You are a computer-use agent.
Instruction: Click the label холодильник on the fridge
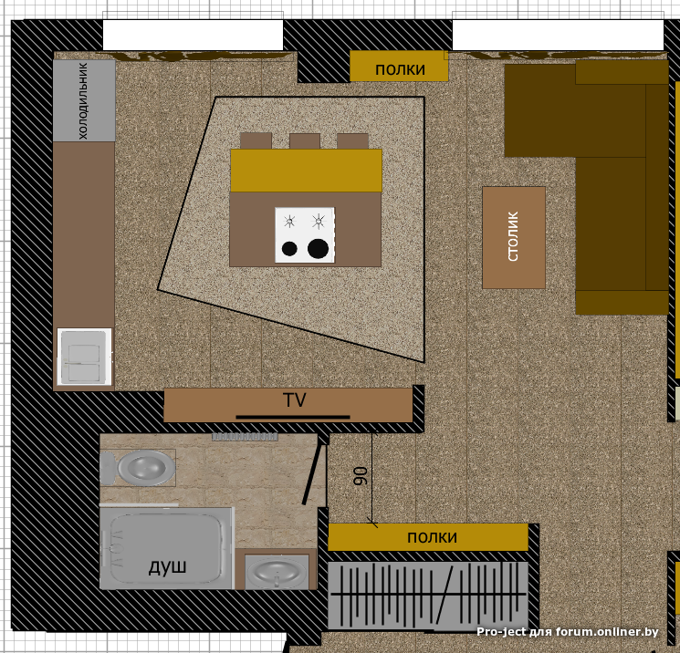tap(83, 101)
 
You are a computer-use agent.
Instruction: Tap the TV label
tap(295, 400)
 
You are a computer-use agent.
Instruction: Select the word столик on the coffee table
tap(513, 236)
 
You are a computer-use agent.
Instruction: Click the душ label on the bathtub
tap(167, 566)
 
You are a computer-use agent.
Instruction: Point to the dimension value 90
tap(361, 476)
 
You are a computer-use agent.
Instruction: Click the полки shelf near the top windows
tap(399, 67)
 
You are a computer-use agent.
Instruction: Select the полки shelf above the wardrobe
tap(428, 537)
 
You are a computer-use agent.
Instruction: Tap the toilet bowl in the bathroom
tap(139, 468)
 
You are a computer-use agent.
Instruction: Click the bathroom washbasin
tap(277, 573)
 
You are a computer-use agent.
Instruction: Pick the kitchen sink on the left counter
tap(84, 357)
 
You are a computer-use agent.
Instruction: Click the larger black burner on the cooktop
tap(318, 249)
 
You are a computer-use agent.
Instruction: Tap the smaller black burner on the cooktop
tap(289, 249)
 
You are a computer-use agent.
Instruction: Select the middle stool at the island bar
tap(305, 141)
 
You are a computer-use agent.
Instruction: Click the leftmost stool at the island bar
tap(256, 140)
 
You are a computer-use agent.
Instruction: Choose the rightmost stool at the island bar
tap(352, 141)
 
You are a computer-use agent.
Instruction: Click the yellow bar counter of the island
tap(306, 171)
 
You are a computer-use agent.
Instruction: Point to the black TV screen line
tap(293, 418)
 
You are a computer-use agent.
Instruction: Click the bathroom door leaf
tap(313, 474)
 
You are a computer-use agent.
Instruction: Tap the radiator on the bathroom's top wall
tap(245, 437)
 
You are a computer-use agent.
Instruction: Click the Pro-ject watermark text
tap(567, 632)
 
